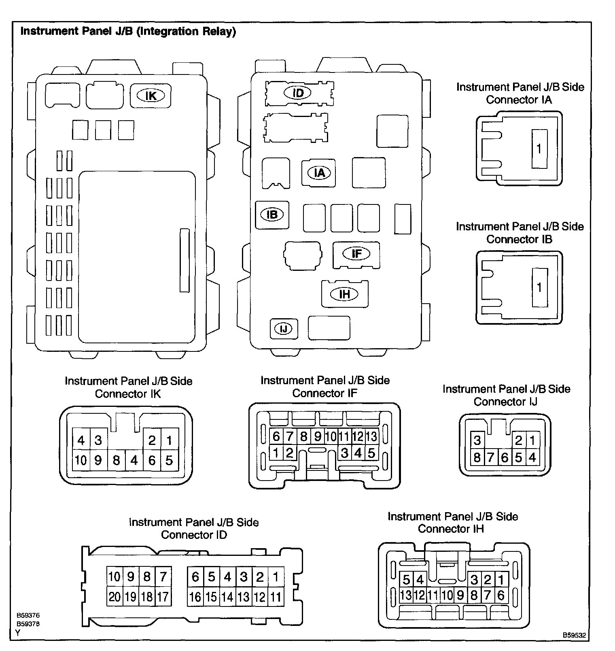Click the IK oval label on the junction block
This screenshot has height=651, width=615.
pos(151,96)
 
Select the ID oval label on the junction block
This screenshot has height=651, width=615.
pos(298,93)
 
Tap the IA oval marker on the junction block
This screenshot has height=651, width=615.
pos(319,173)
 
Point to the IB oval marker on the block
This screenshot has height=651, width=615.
pos(272,214)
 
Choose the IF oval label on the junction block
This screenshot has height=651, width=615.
pos(356,254)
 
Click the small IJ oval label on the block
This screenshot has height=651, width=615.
pos(284,328)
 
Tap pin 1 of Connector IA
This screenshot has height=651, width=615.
pos(539,149)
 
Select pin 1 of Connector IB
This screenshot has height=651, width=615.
pos(539,287)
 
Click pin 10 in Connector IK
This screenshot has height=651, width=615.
pos(81,460)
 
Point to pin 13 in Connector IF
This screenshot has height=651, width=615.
pos(371,436)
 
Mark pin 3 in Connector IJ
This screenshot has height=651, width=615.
pos(477,440)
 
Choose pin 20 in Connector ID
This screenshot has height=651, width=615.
pos(115,597)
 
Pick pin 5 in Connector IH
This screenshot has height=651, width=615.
pos(406,580)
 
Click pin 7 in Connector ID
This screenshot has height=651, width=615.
pos(163,576)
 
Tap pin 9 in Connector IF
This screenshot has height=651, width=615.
pos(318,436)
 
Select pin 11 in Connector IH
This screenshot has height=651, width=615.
pos(433,595)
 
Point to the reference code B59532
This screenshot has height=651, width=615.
pos(574,636)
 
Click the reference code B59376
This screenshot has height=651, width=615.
pos(28,615)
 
